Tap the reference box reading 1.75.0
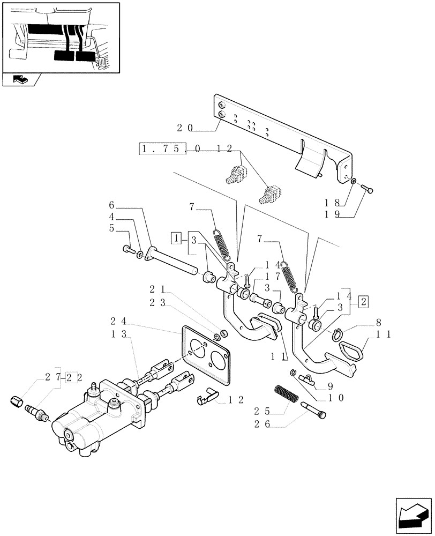point(162,149)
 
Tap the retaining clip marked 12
point(207,397)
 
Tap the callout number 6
point(111,205)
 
